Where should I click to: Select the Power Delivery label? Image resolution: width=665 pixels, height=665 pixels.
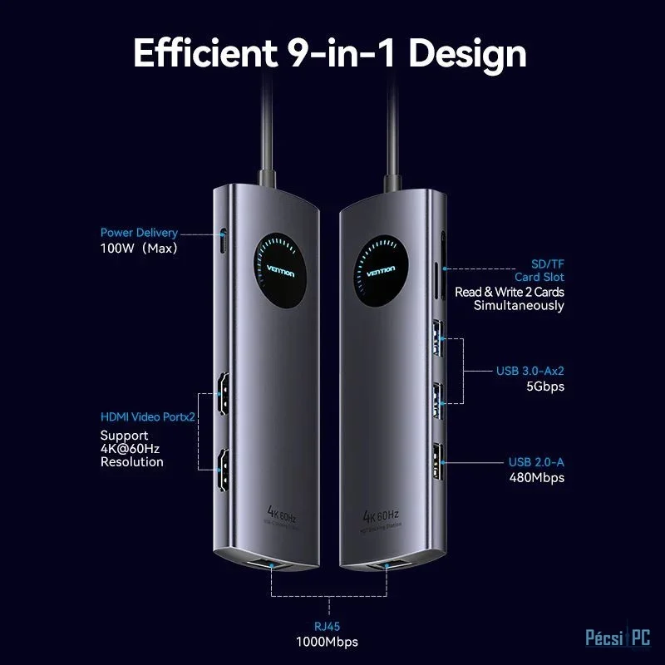[x=139, y=233]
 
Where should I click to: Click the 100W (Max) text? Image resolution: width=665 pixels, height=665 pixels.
[x=139, y=248]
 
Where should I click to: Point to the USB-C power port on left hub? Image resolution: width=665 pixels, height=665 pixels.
[x=223, y=242]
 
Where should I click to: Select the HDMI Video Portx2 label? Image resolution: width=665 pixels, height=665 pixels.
[x=147, y=416]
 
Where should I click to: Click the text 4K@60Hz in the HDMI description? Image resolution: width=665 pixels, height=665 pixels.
[x=130, y=449]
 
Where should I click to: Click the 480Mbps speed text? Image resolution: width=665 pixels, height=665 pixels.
[x=536, y=477]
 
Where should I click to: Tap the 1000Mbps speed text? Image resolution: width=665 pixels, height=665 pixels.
[x=327, y=642]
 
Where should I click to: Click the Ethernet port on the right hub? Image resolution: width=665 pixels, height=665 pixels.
[x=387, y=569]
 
